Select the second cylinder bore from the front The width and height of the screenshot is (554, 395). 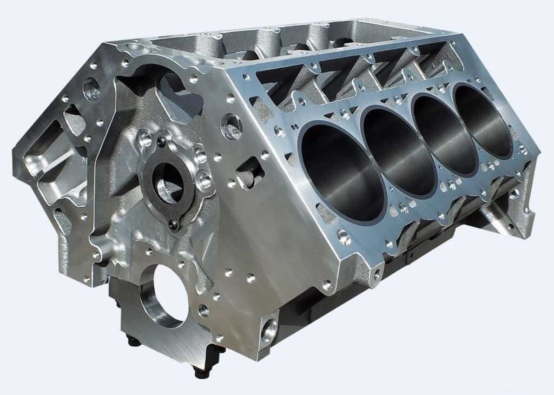399,151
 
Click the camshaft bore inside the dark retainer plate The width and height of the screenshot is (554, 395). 168,182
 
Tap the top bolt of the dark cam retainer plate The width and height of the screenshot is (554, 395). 161,142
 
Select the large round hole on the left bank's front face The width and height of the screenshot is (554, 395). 90,89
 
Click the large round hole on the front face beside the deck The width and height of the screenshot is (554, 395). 232,126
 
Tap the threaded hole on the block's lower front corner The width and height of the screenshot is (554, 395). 268,329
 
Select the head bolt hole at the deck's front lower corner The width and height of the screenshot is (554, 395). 342,236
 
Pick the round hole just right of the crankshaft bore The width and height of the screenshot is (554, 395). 203,311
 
